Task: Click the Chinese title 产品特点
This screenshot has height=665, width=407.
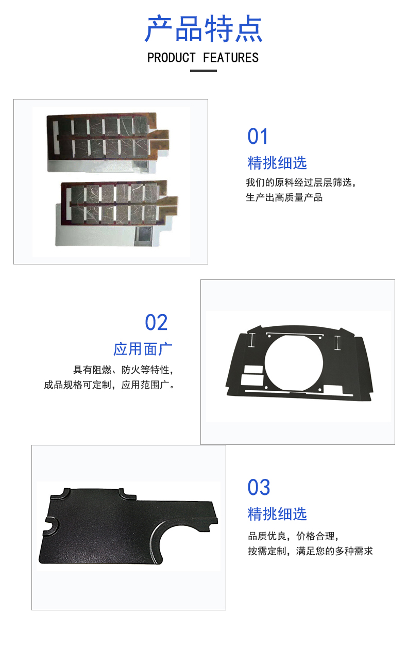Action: [x=203, y=28]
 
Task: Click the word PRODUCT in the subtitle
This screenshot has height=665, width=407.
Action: [x=172, y=58]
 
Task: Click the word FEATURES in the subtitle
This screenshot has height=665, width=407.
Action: [x=231, y=58]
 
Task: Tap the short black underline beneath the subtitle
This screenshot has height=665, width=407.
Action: [x=203, y=71]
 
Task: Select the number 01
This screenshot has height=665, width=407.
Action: [x=258, y=136]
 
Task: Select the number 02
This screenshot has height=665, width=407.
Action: [x=156, y=322]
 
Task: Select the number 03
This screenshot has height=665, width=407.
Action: [x=259, y=487]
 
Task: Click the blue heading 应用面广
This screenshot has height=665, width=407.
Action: [x=143, y=349]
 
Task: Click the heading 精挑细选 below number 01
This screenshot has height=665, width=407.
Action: [x=277, y=163]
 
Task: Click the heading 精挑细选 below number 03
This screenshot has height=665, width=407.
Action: [x=277, y=514]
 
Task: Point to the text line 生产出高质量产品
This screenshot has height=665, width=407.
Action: [x=284, y=197]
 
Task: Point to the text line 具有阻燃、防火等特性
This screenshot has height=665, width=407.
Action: [x=124, y=370]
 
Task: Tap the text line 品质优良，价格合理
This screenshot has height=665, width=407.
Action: [x=293, y=536]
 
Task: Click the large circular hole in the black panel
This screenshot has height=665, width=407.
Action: [x=294, y=363]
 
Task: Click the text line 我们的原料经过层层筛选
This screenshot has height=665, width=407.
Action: [x=301, y=182]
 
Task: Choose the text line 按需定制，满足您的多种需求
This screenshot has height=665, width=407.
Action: [x=310, y=551]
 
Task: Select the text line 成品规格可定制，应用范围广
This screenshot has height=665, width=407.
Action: [x=109, y=385]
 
